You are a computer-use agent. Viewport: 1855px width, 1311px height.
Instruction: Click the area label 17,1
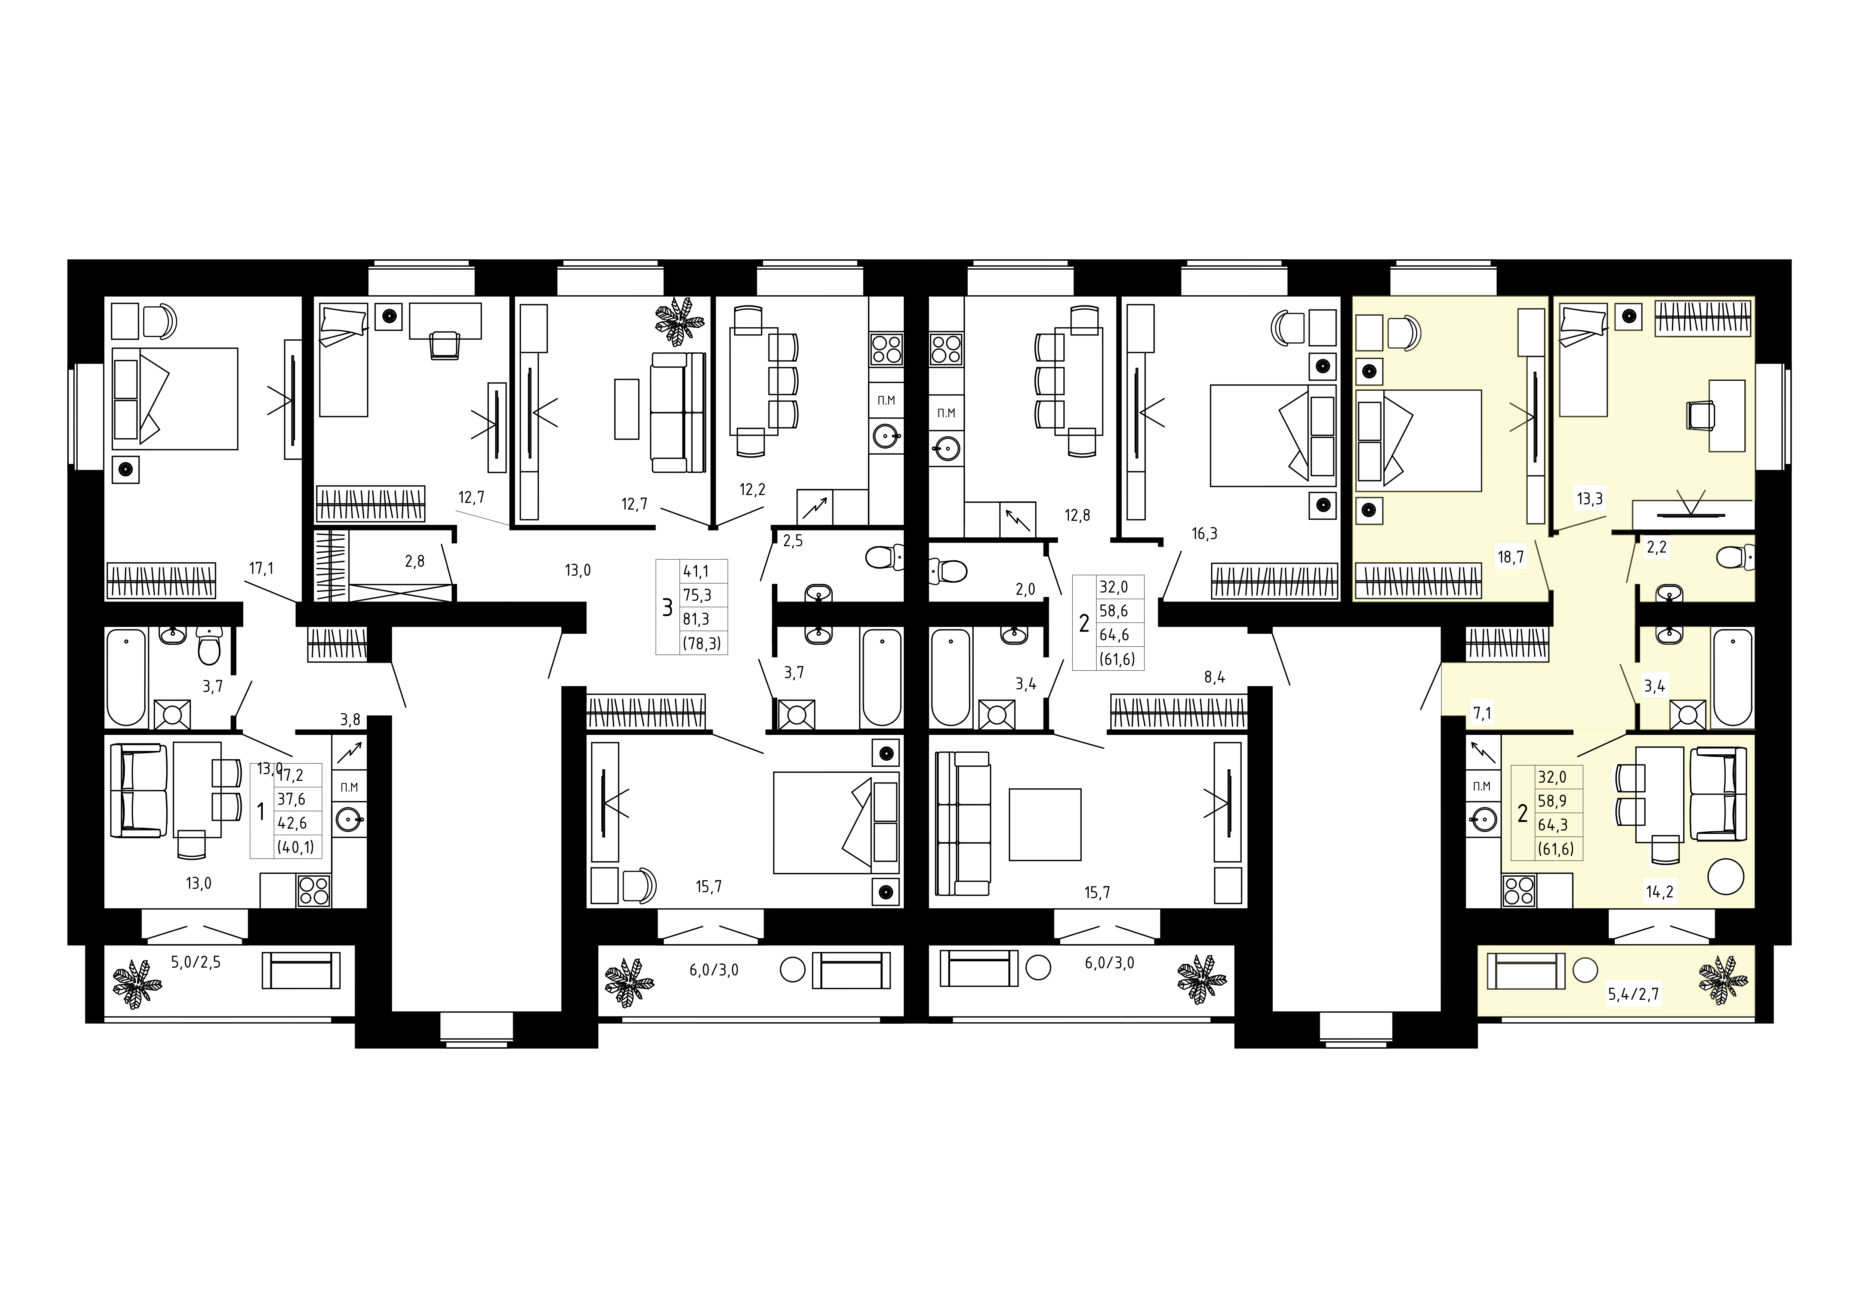[261, 569]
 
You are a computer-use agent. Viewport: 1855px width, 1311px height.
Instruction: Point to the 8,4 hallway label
[1214, 677]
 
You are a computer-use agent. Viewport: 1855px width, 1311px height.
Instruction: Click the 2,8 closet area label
[415, 560]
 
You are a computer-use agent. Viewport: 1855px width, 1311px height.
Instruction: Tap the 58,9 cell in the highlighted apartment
[1552, 802]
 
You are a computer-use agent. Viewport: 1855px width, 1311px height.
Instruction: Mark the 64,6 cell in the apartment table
[1113, 635]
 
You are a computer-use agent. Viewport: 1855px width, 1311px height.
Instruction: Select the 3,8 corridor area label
[350, 719]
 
